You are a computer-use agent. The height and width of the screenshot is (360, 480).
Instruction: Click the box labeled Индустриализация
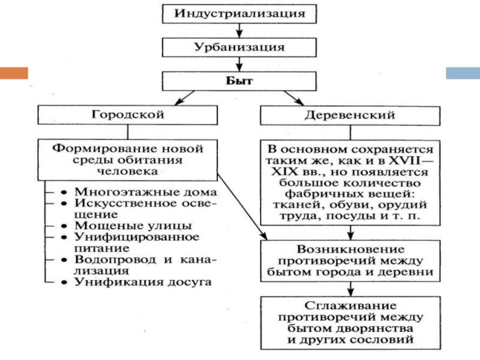coord(239,13)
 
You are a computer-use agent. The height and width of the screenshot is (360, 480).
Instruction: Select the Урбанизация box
coord(239,46)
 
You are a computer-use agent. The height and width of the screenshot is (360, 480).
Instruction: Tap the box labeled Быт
coord(239,80)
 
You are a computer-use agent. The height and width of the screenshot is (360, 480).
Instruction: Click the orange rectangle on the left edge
coord(14,73)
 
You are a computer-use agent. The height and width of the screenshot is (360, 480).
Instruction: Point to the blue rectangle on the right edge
coord(463,73)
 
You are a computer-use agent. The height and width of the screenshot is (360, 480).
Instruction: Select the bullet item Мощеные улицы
coord(133,226)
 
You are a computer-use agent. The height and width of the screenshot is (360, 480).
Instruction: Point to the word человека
coord(128,171)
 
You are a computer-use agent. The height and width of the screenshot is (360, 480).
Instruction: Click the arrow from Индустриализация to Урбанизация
coord(239,29)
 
